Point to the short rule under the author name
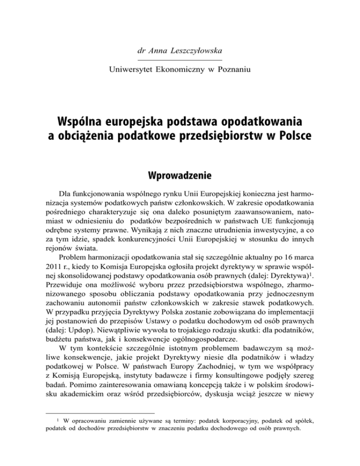click(x=180, y=60)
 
